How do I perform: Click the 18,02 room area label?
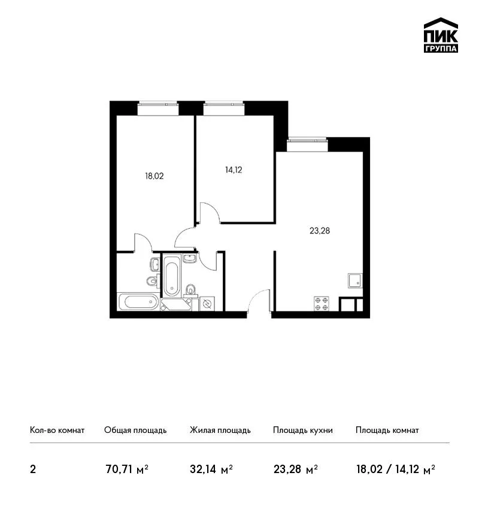(154, 176)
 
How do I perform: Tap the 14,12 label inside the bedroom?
(234, 170)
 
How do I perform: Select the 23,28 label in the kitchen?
(320, 231)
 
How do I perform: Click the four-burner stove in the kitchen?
(322, 304)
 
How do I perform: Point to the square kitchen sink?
(355, 280)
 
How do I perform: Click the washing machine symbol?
(207, 304)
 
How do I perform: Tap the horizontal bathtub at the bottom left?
(138, 302)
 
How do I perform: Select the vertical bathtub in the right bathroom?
(171, 275)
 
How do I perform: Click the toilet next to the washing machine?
(191, 290)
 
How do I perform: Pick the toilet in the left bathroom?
(152, 280)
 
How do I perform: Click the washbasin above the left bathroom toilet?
(155, 264)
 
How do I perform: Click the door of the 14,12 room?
(210, 213)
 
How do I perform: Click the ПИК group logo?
(441, 35)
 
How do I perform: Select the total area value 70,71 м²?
(127, 469)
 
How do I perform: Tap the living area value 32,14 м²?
(211, 469)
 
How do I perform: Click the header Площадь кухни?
(303, 431)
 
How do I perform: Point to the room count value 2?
(33, 469)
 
